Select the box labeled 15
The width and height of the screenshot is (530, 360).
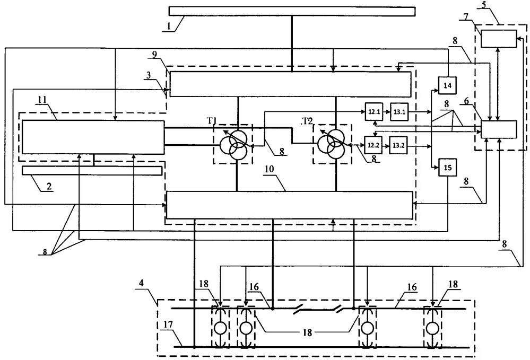tap(447, 168)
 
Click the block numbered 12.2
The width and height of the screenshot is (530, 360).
tap(373, 144)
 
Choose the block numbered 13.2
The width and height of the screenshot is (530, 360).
tap(399, 144)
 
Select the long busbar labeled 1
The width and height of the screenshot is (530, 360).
tap(292, 11)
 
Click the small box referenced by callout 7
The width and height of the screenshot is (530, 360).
tap(498, 38)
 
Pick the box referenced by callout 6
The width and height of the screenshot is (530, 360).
tap(498, 129)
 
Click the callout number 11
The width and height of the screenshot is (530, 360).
tap(42, 100)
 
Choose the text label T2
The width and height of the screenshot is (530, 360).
tap(307, 121)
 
